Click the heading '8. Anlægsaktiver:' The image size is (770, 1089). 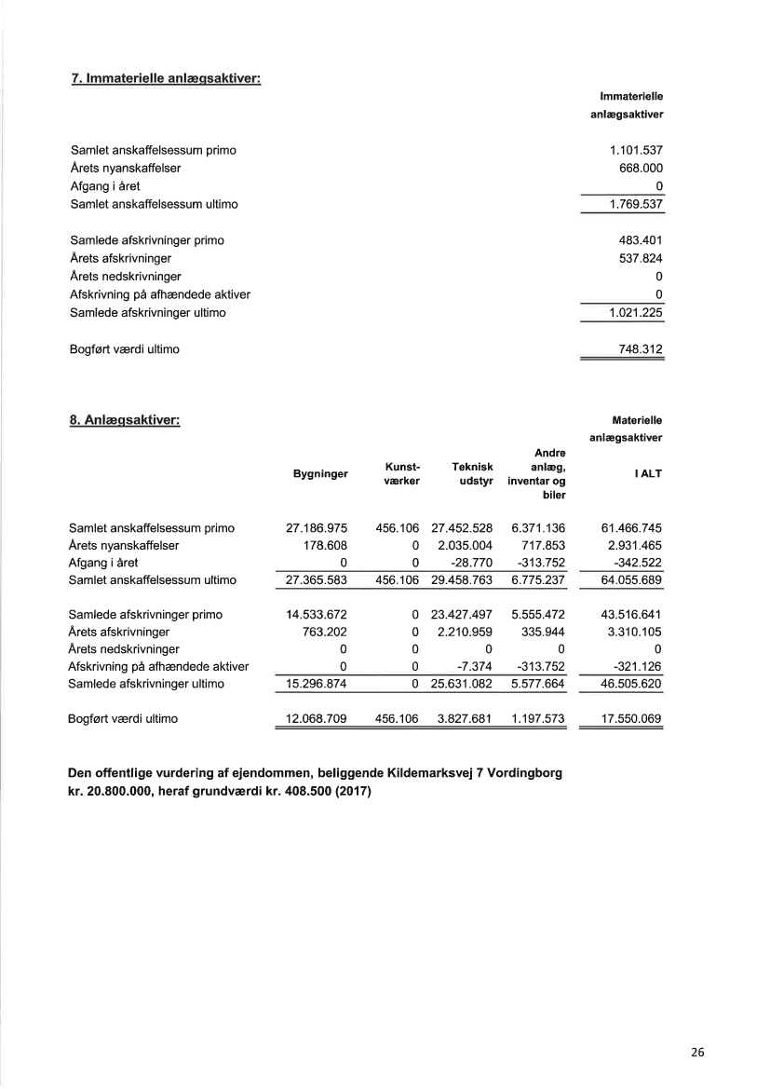(x=125, y=420)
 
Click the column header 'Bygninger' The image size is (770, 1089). (x=320, y=474)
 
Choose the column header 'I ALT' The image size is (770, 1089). (x=648, y=474)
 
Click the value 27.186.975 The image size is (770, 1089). (x=317, y=528)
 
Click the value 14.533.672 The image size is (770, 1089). (x=317, y=615)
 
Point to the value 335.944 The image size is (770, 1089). (x=543, y=632)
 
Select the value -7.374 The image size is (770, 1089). (x=475, y=666)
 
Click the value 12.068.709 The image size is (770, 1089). (x=317, y=719)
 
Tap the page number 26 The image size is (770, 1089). (x=698, y=1054)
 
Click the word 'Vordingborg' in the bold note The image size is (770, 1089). (x=521, y=775)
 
